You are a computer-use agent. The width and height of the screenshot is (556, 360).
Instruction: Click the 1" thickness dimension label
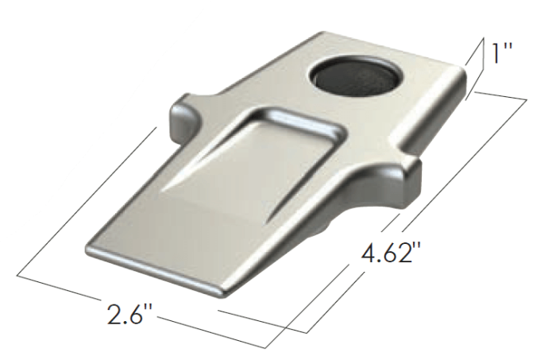point(502,55)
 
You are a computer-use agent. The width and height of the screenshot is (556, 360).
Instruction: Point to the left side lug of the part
point(182,119)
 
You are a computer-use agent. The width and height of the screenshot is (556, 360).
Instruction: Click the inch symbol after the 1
point(509,49)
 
